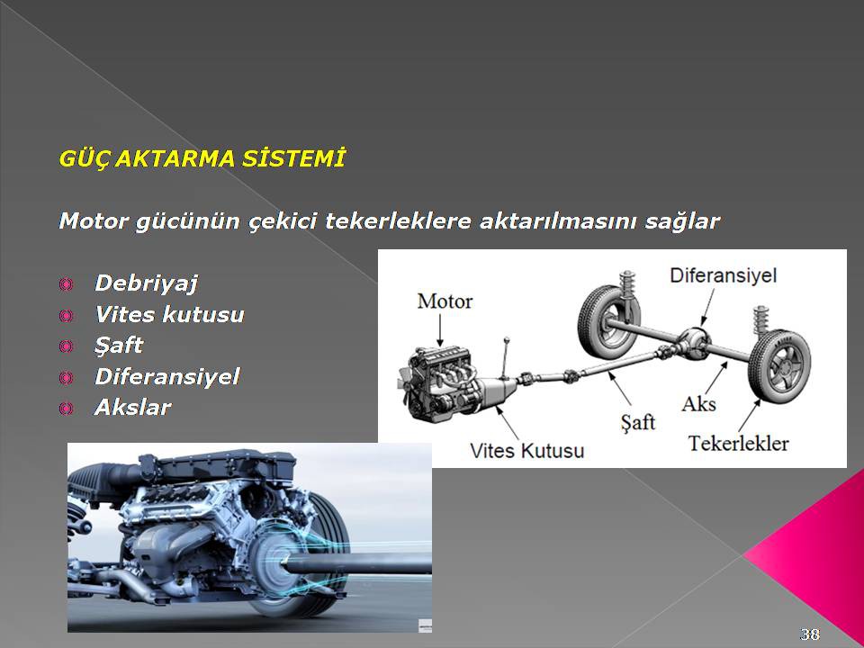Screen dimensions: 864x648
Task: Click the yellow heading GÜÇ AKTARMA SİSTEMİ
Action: (202, 158)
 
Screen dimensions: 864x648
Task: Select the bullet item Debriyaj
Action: (146, 283)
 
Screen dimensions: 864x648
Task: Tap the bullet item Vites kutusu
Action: (170, 315)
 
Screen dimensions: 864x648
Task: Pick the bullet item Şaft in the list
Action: (119, 346)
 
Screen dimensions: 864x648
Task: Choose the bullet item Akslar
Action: (133, 408)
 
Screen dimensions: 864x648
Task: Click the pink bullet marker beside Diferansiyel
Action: (66, 377)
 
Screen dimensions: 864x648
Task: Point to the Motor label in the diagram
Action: (445, 301)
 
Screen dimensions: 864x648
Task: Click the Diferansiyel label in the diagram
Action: (723, 275)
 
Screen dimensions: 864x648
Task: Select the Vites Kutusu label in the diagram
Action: (526, 451)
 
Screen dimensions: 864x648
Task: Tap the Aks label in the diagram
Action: (698, 404)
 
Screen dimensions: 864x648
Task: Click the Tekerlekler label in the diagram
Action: (738, 443)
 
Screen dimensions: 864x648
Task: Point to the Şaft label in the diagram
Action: (637, 423)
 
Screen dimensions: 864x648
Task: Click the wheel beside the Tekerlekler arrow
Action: (778, 364)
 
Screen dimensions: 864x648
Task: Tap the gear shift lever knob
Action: (507, 339)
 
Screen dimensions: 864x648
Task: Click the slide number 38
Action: (809, 634)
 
